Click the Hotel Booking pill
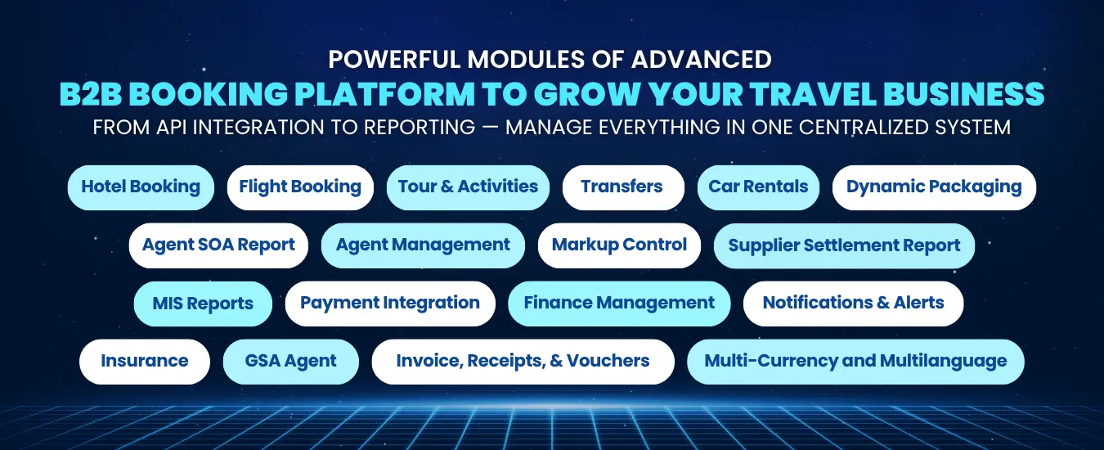coord(141,187)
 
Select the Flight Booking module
coord(300,187)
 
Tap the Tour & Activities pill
coord(468,187)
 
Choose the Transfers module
coord(622,187)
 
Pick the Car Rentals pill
coord(758,187)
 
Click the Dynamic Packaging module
coord(934,187)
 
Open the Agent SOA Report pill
coord(218,245)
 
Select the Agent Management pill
coord(423,245)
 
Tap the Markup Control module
coord(619,245)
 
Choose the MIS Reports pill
coord(203,304)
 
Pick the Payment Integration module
coord(390,304)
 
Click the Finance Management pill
coord(619,304)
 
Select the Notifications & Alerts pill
coord(853,304)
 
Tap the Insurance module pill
coord(145,362)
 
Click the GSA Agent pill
coord(291,362)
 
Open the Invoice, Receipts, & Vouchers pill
coord(523,362)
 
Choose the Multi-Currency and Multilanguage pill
coord(855,362)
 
